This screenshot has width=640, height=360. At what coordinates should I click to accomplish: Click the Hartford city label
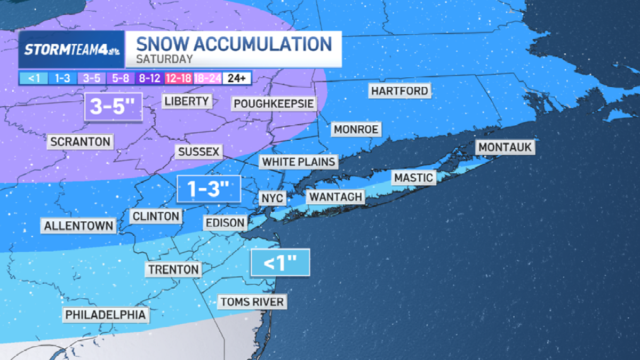(x=400, y=91)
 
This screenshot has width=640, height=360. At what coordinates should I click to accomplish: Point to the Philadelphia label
(x=106, y=315)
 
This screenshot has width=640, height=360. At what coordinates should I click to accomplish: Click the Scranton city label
(x=80, y=142)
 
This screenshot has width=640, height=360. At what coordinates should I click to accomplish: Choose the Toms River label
(x=252, y=302)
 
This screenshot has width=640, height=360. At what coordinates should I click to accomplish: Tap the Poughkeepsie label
(x=273, y=103)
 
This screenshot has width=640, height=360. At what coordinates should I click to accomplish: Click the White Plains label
(x=299, y=162)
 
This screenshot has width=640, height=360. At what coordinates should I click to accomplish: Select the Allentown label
(x=79, y=226)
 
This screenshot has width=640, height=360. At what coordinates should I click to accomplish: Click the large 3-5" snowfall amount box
(x=113, y=107)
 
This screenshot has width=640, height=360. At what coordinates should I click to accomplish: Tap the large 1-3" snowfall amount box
(x=208, y=188)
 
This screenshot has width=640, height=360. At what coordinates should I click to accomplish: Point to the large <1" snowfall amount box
(x=280, y=262)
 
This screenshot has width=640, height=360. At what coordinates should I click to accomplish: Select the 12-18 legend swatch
(x=179, y=78)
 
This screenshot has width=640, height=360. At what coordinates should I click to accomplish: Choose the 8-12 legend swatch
(x=149, y=78)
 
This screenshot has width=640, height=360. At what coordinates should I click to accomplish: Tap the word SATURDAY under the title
(x=164, y=59)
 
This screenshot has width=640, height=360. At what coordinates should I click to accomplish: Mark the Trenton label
(x=174, y=270)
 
